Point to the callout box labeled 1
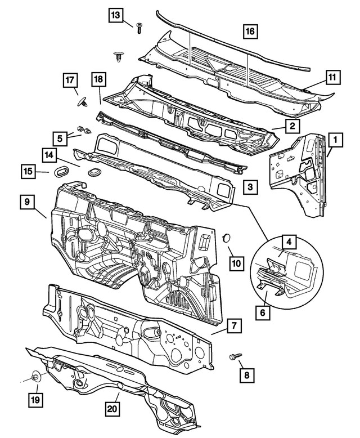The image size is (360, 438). pyautogui.click(x=335, y=138)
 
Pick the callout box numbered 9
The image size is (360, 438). pyautogui.click(x=27, y=202)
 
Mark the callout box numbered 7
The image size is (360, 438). pyautogui.click(x=235, y=325)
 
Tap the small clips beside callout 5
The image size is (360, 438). pyautogui.click(x=83, y=131)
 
